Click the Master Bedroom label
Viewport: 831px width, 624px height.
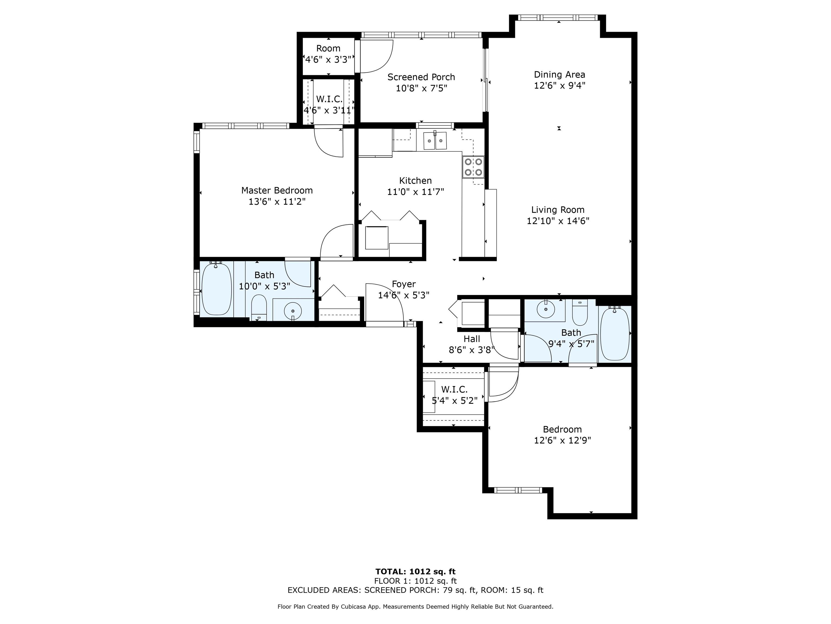277,190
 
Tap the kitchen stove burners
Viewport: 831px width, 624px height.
473,167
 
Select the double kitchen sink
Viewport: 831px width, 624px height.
435,140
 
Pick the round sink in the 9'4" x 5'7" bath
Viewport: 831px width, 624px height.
546,310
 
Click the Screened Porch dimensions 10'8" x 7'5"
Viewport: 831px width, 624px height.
421,88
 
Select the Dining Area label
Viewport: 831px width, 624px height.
559,74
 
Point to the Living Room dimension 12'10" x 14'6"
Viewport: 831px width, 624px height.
558,221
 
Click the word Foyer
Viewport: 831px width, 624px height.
404,284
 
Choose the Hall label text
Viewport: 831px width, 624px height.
472,339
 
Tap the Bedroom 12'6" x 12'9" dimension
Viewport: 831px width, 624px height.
562,440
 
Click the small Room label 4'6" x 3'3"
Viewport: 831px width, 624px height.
328,48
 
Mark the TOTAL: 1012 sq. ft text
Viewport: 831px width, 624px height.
415,572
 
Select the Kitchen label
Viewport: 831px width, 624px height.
415,181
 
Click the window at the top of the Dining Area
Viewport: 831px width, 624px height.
558,18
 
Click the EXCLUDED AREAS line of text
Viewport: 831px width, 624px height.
415,590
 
